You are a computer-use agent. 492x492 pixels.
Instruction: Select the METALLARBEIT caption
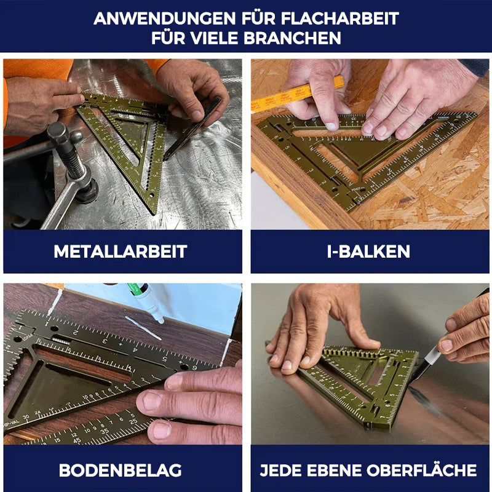[x=121, y=252]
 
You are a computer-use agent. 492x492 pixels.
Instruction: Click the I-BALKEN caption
[x=369, y=252]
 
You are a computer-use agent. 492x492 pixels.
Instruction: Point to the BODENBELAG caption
[x=121, y=470]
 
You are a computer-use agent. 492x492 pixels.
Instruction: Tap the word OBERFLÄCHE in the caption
[x=421, y=470]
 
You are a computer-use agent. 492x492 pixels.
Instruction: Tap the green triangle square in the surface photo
[x=363, y=384]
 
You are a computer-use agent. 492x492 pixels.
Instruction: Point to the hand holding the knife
[x=467, y=332]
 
